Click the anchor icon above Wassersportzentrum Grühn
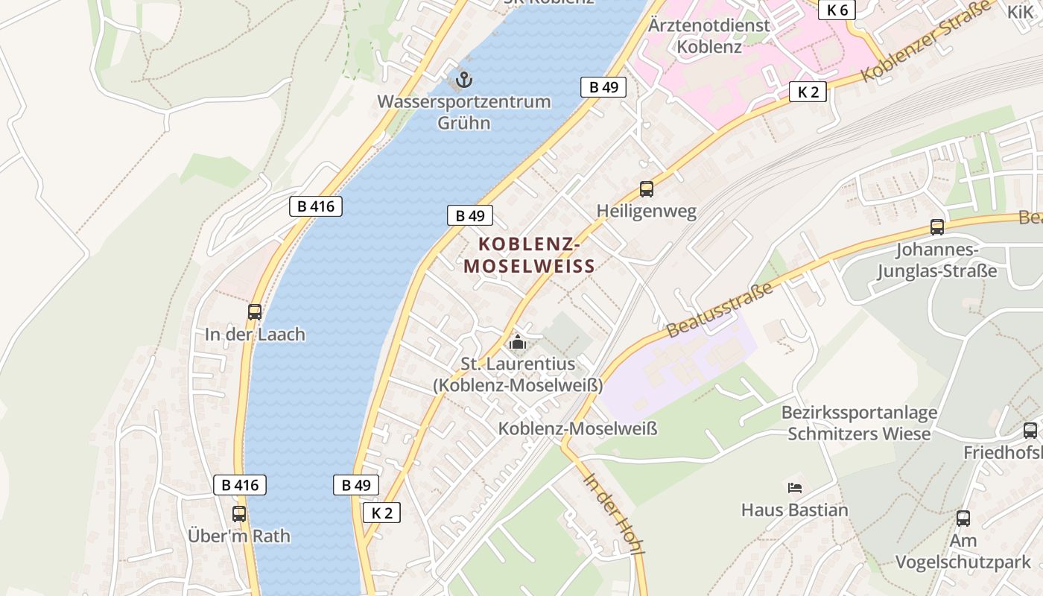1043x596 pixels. coord(464,78)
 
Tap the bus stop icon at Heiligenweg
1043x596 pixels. coord(646,189)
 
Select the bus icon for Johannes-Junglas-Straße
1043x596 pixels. coord(936,227)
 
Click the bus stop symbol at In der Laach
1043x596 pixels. coord(255,312)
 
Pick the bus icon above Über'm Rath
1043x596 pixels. coord(238,513)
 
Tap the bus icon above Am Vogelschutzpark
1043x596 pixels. coord(963,519)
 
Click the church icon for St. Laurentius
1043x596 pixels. coord(517,343)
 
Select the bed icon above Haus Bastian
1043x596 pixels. coord(794,488)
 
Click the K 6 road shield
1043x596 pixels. coord(837,10)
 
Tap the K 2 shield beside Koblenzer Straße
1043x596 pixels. coord(808,92)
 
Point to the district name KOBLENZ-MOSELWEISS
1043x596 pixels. coord(529,255)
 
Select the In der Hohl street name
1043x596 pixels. coord(614,514)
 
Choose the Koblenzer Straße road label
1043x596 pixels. coord(928,41)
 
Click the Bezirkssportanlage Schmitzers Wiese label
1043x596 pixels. coord(859,422)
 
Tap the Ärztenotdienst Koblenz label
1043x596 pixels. coord(708,36)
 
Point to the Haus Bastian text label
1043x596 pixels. coord(794,510)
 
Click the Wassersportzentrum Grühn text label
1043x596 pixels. coord(463,112)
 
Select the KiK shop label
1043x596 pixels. coord(1021,12)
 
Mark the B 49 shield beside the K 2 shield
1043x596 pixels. coord(355,485)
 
